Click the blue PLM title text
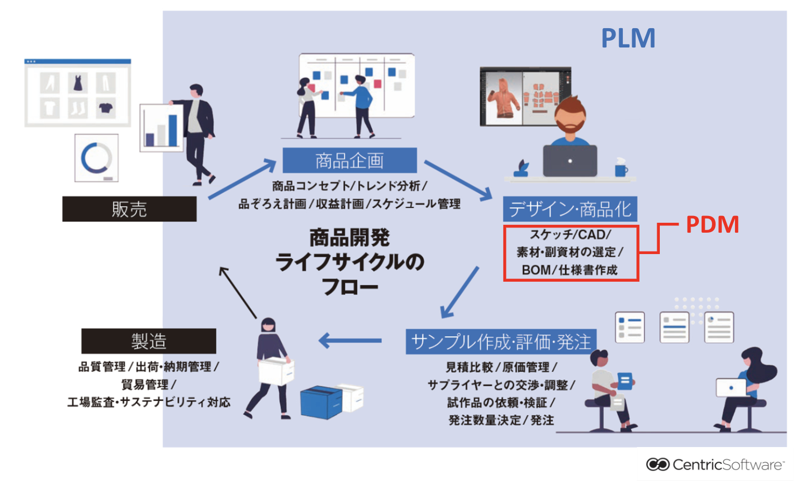tap(627, 38)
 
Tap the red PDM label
tap(712, 224)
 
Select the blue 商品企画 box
tap(349, 160)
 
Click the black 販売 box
tap(129, 209)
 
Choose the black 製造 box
tap(149, 341)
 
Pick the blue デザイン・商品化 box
tap(570, 209)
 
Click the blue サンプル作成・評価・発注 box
tap(501, 342)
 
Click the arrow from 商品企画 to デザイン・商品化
tap(458, 180)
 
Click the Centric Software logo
tap(715, 464)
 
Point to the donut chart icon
tap(96, 158)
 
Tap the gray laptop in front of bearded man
tap(570, 161)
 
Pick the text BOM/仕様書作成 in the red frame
tap(570, 270)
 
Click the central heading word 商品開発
tap(349, 238)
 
